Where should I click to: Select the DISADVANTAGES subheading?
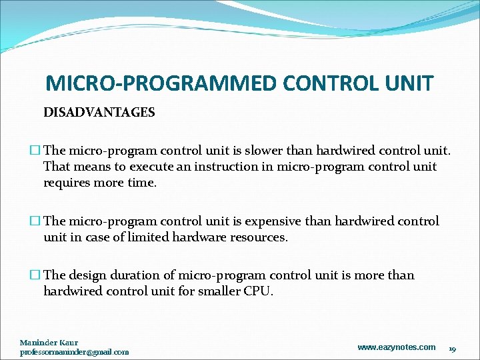coord(99,113)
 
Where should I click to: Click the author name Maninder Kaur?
coord(49,343)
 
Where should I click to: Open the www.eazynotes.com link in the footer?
coord(396,347)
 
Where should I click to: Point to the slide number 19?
coord(451,348)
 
